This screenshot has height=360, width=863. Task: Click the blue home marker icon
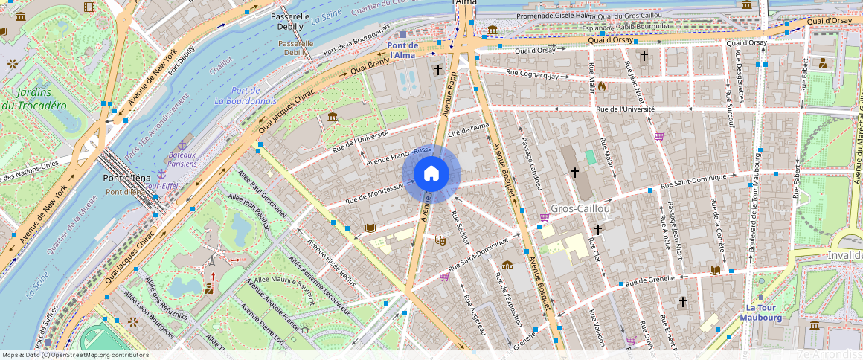[x=431, y=174]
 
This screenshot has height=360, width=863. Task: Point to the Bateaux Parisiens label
[x=172, y=158]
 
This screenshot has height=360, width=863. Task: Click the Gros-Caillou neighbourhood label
[x=580, y=209]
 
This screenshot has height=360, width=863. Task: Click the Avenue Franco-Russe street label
[x=399, y=154]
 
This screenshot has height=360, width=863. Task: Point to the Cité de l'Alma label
[x=469, y=131]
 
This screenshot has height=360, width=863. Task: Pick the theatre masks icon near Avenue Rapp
[x=440, y=240]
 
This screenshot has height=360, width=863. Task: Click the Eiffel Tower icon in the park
[x=212, y=261]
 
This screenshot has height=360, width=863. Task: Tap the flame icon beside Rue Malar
[x=602, y=86]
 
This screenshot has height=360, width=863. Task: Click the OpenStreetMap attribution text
[x=75, y=355]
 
